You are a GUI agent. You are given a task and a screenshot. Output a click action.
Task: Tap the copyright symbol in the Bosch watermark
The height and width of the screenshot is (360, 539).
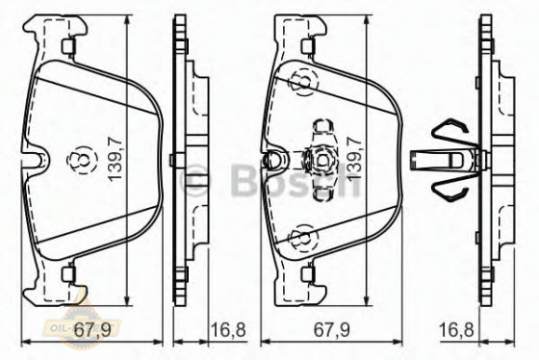(x=195, y=180)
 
